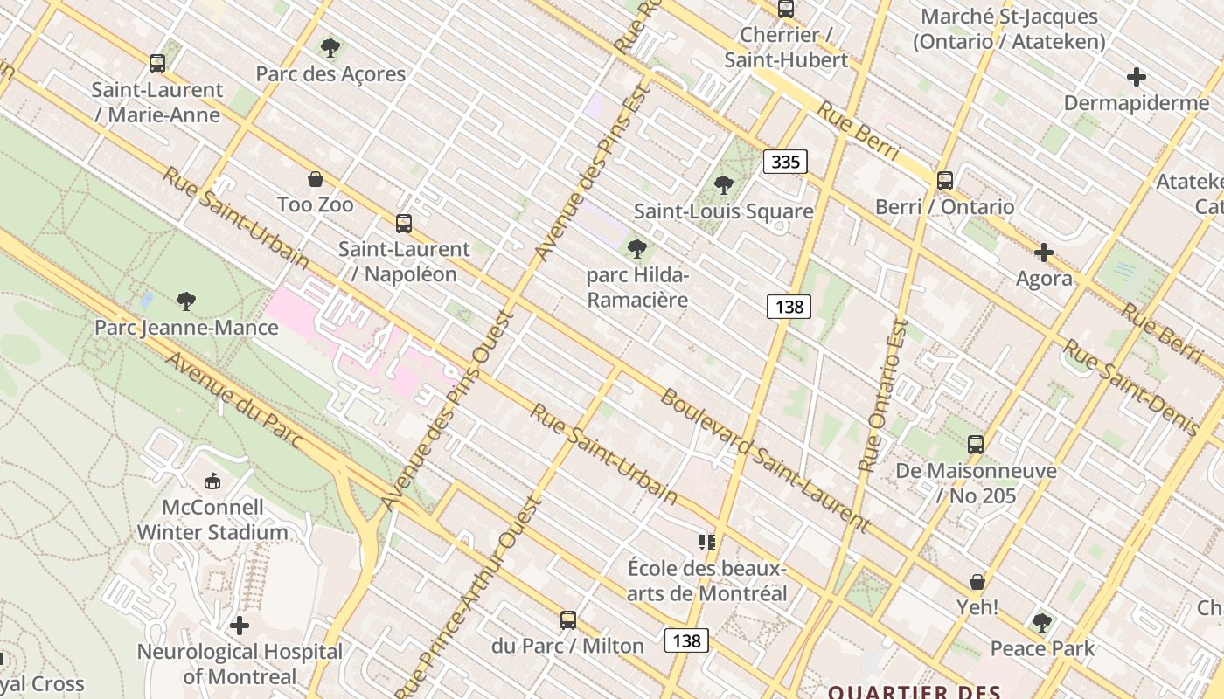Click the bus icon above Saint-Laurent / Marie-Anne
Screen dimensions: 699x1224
pos(157,64)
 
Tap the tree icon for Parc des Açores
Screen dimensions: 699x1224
pos(330,48)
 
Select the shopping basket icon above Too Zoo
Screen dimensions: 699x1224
pos(316,179)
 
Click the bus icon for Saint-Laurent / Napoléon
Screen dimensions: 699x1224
pos(403,224)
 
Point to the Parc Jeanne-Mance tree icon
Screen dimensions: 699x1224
pos(185,302)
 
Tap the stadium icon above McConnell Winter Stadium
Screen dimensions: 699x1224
pos(212,481)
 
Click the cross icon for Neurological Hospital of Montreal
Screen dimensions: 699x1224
pos(240,626)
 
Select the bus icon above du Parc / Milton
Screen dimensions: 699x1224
pos(568,620)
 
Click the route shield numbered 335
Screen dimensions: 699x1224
pos(785,162)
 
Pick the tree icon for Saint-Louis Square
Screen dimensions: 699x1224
pos(723,185)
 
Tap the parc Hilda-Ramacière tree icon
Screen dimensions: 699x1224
pos(637,249)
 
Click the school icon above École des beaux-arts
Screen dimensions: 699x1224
pos(707,543)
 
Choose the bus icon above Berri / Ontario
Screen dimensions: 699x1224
pos(945,181)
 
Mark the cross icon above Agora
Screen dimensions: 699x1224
pos(1043,253)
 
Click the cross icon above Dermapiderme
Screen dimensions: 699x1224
pos(1137,77)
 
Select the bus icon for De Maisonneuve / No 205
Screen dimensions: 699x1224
pos(976,445)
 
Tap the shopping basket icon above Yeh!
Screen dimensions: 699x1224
pos(977,582)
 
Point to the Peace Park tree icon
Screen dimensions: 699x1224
pos(1041,623)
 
